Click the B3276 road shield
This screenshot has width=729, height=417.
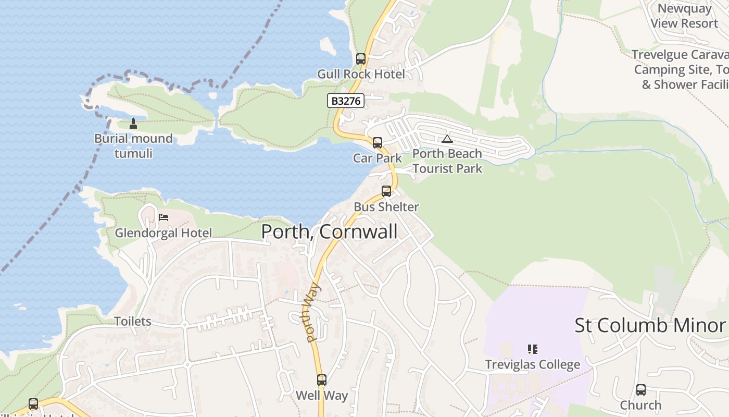coord(346,101)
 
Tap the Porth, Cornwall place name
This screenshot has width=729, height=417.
coord(329,231)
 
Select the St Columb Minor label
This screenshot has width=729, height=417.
coord(650,325)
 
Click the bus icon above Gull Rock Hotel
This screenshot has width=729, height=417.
coord(361,59)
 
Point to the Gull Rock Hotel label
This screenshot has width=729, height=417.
coord(361,75)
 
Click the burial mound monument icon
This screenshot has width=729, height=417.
coord(133,124)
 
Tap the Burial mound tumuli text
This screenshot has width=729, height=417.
coord(133,146)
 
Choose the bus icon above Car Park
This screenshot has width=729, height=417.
coord(378,143)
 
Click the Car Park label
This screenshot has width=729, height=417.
coord(378,158)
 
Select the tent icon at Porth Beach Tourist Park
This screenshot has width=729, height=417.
coord(447,139)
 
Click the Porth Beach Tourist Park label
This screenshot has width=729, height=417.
coord(447,161)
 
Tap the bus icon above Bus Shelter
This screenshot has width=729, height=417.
coord(386,191)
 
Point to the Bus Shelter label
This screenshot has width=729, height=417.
coord(386,207)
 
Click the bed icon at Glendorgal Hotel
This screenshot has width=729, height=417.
coord(164,217)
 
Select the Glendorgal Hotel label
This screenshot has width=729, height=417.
coord(164,233)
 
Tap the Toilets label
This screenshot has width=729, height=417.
coord(133,322)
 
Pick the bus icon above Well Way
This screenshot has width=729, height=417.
coord(322,380)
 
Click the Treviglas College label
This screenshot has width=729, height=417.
coord(532,365)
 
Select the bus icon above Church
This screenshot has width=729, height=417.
coord(641,390)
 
